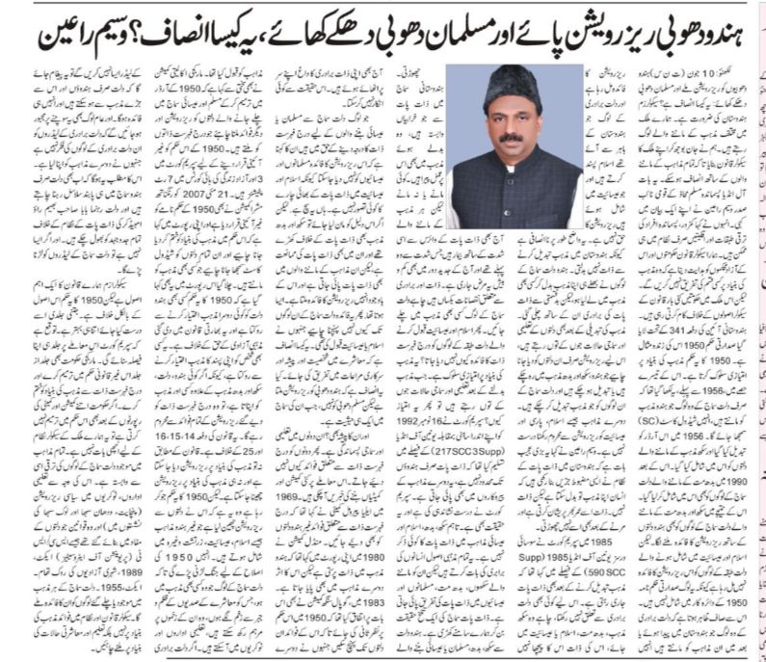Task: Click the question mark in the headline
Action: (x=136, y=38)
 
